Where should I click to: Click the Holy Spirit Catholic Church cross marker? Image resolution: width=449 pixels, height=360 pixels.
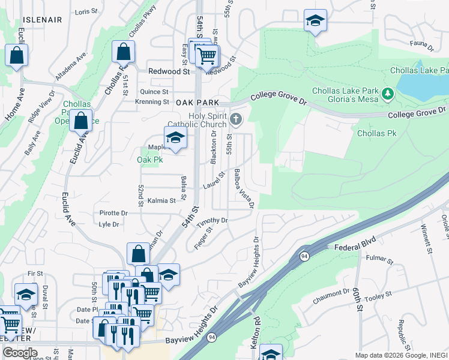pyautogui.click(x=236, y=120)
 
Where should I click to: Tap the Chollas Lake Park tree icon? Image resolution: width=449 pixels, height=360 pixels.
pyautogui.click(x=388, y=94)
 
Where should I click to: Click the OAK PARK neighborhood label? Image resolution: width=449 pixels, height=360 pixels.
pyautogui.click(x=197, y=103)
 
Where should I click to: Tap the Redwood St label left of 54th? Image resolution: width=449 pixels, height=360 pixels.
pyautogui.click(x=169, y=71)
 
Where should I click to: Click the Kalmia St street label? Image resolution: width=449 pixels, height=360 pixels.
pyautogui.click(x=161, y=200)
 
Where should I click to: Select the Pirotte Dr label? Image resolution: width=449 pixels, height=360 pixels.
pyautogui.click(x=113, y=213)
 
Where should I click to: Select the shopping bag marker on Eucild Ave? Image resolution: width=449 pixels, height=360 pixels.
pyautogui.click(x=80, y=120)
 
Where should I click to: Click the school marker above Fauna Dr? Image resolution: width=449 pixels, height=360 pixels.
pyautogui.click(x=315, y=20)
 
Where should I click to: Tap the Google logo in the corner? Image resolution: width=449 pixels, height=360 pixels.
pyautogui.click(x=20, y=353)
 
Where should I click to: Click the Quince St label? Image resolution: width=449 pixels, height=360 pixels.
pyautogui.click(x=154, y=92)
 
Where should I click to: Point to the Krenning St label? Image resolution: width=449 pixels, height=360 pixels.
pyautogui.click(x=153, y=102)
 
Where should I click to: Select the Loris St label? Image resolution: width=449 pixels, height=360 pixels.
pyautogui.click(x=86, y=11)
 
